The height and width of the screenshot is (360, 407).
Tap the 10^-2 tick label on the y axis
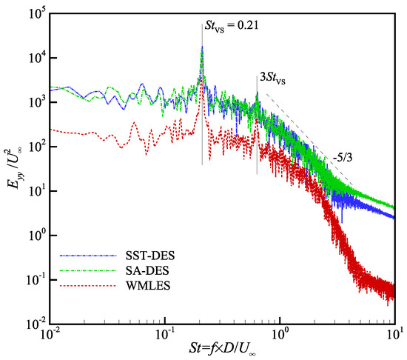pyautogui.click(x=35, y=325)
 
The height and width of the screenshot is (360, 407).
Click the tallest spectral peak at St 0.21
pyautogui.click(x=202, y=49)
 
